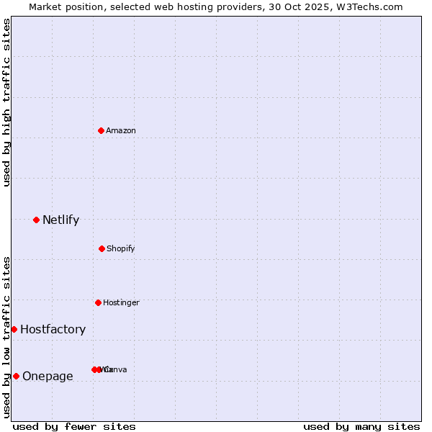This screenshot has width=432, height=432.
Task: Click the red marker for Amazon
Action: tap(102, 130)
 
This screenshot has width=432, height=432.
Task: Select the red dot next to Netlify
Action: tap(36, 220)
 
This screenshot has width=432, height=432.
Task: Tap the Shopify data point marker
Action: tap(102, 248)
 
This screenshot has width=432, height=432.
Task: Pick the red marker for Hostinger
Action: tap(98, 302)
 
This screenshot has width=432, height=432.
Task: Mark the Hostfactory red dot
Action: tap(14, 329)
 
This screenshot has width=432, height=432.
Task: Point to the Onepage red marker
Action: tap(16, 376)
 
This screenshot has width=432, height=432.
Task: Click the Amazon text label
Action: tap(120, 130)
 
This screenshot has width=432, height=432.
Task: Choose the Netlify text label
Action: tap(60, 220)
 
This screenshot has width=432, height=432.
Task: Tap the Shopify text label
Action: tap(120, 248)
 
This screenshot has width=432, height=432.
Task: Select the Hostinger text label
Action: tap(121, 302)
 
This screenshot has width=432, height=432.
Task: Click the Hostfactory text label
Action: tap(53, 330)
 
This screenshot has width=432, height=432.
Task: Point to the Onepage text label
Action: tap(48, 377)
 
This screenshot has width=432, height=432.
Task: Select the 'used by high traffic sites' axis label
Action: tap(7, 102)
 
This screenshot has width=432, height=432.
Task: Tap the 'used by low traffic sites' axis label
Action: tap(7, 336)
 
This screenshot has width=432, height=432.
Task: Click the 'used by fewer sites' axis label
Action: tap(74, 426)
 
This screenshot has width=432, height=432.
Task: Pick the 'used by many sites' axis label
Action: tap(361, 426)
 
